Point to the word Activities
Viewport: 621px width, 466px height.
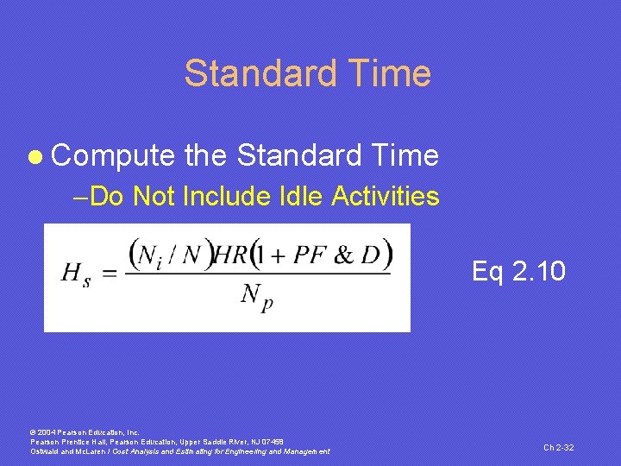[386, 197]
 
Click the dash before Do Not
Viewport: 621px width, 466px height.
[81, 197]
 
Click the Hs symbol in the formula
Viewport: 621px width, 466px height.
[75, 274]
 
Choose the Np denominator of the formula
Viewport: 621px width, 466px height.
[257, 298]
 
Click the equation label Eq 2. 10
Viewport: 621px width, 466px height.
[518, 272]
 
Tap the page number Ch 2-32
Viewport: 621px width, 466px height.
[559, 447]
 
